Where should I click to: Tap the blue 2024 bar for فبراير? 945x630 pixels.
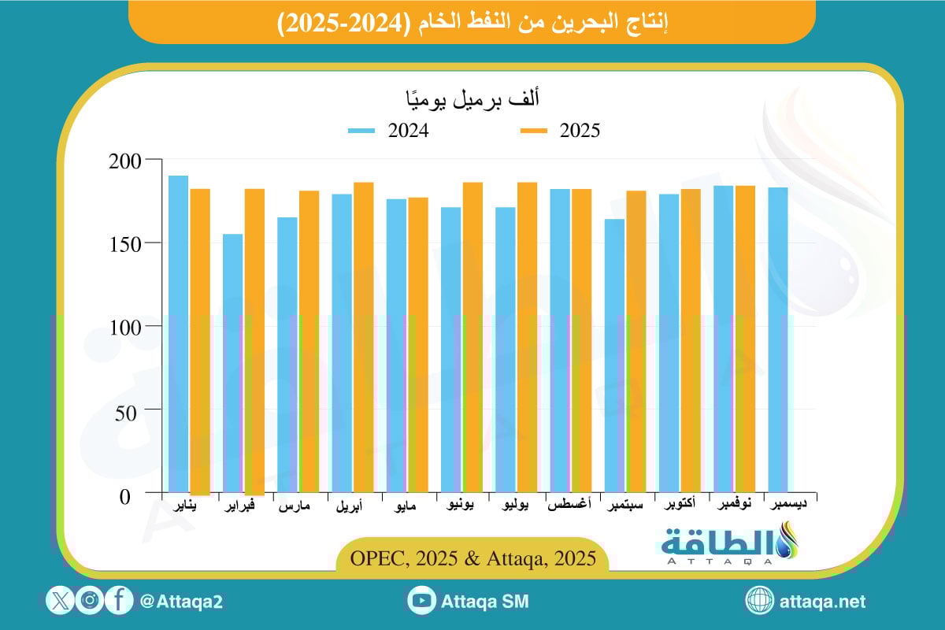pyautogui.click(x=233, y=363)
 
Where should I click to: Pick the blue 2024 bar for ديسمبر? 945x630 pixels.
pyautogui.click(x=777, y=339)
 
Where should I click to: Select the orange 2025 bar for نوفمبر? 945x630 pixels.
pyautogui.click(x=745, y=339)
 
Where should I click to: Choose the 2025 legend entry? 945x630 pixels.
pyautogui.click(x=560, y=131)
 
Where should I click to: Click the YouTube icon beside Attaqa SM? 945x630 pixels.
pyautogui.click(x=422, y=601)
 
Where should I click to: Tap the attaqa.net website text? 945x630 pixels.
pyautogui.click(x=822, y=602)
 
